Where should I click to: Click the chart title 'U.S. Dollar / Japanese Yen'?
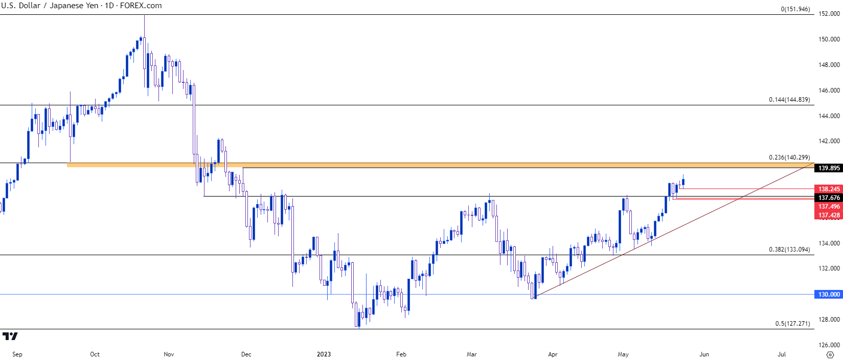pyautogui.click(x=49, y=6)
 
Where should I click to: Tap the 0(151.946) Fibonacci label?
pyautogui.click(x=795, y=9)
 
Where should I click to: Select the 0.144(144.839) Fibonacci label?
pyautogui.click(x=789, y=100)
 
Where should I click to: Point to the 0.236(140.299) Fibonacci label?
pyautogui.click(x=789, y=157)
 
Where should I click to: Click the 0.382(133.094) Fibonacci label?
pyautogui.click(x=789, y=250)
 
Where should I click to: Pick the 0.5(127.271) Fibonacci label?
pyautogui.click(x=792, y=324)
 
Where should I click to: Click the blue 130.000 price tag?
pyautogui.click(x=829, y=295)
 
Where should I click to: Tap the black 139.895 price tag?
pyautogui.click(x=829, y=168)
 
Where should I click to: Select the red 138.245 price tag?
pyautogui.click(x=829, y=189)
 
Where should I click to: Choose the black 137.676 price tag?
pyautogui.click(x=829, y=198)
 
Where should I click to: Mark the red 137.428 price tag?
pyautogui.click(x=829, y=215)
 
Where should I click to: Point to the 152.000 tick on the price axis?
pyautogui.click(x=829, y=14)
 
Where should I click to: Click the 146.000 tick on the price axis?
pyautogui.click(x=829, y=91)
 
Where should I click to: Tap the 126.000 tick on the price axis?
pyautogui.click(x=829, y=345)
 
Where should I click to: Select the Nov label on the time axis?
pyautogui.click(x=169, y=354)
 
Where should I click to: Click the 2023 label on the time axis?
pyautogui.click(x=324, y=354)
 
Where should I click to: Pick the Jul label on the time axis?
pyautogui.click(x=782, y=354)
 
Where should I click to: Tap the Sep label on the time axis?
pyautogui.click(x=17, y=354)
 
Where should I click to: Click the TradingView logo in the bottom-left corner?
pyautogui.click(x=10, y=336)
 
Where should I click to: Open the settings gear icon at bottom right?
pyautogui.click(x=830, y=354)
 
